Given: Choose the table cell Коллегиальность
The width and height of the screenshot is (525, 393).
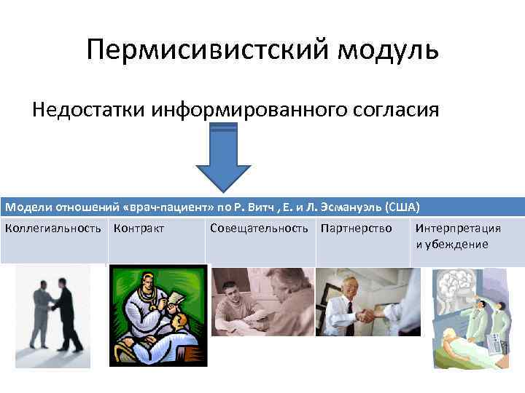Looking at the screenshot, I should coord(53,229).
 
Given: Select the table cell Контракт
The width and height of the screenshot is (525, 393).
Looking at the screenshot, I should coord(139,229).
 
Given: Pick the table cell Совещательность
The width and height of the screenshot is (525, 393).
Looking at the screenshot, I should coord(259,229).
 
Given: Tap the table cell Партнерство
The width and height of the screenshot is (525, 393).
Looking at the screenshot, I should coord(357,229).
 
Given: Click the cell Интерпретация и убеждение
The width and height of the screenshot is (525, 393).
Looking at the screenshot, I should coord(458,236).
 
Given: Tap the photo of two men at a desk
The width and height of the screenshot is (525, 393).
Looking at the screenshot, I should coord(262,302).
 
